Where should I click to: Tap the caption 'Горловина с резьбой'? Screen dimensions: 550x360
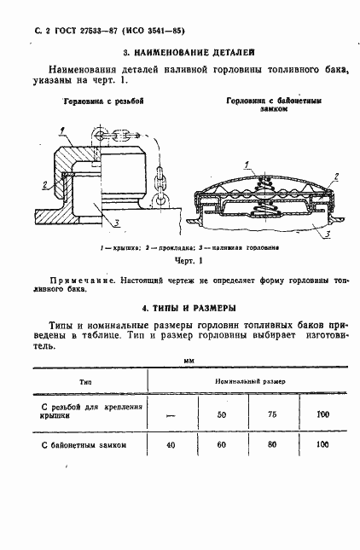(x=102, y=101)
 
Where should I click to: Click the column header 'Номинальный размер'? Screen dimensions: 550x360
(x=250, y=379)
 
